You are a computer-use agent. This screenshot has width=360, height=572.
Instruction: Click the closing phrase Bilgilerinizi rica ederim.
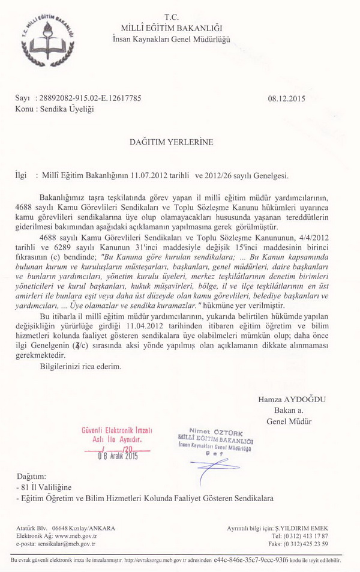[80, 366]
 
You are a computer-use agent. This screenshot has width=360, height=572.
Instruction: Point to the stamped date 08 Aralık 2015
[118, 456]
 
